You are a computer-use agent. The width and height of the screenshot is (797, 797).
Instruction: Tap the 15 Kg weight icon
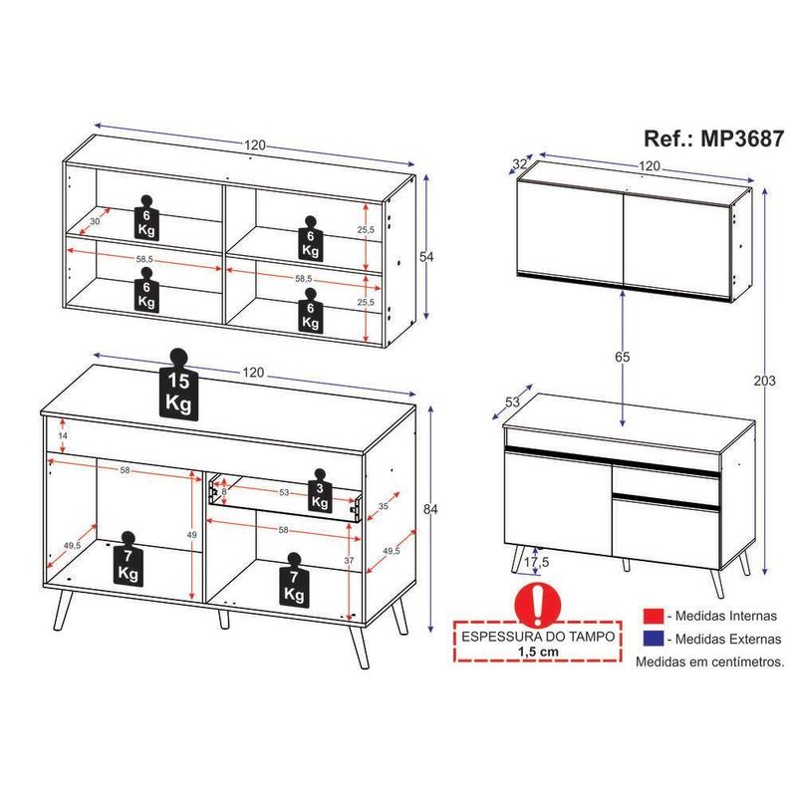pos(178,386)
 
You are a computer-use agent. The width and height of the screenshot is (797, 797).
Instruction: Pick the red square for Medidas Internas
pos(654,617)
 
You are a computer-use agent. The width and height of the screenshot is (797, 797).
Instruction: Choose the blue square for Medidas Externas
pos(654,639)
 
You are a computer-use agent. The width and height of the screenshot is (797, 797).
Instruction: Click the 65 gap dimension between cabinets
pos(623,356)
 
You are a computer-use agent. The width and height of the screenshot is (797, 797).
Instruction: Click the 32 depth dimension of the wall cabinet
pos(520,164)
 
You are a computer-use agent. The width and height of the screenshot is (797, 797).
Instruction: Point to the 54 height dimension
pos(426,257)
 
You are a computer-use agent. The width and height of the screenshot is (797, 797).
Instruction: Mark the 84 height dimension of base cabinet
pos(430,510)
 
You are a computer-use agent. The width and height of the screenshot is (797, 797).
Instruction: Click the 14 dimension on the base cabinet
pos(62,436)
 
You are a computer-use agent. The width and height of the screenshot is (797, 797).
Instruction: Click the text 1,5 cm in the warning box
pos(538,651)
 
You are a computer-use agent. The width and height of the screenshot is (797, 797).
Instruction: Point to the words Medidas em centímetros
pos(708,661)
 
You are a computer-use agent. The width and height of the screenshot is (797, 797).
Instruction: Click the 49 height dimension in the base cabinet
pos(191,534)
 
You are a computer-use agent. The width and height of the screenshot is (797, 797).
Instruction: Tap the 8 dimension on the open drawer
pos(224,490)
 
